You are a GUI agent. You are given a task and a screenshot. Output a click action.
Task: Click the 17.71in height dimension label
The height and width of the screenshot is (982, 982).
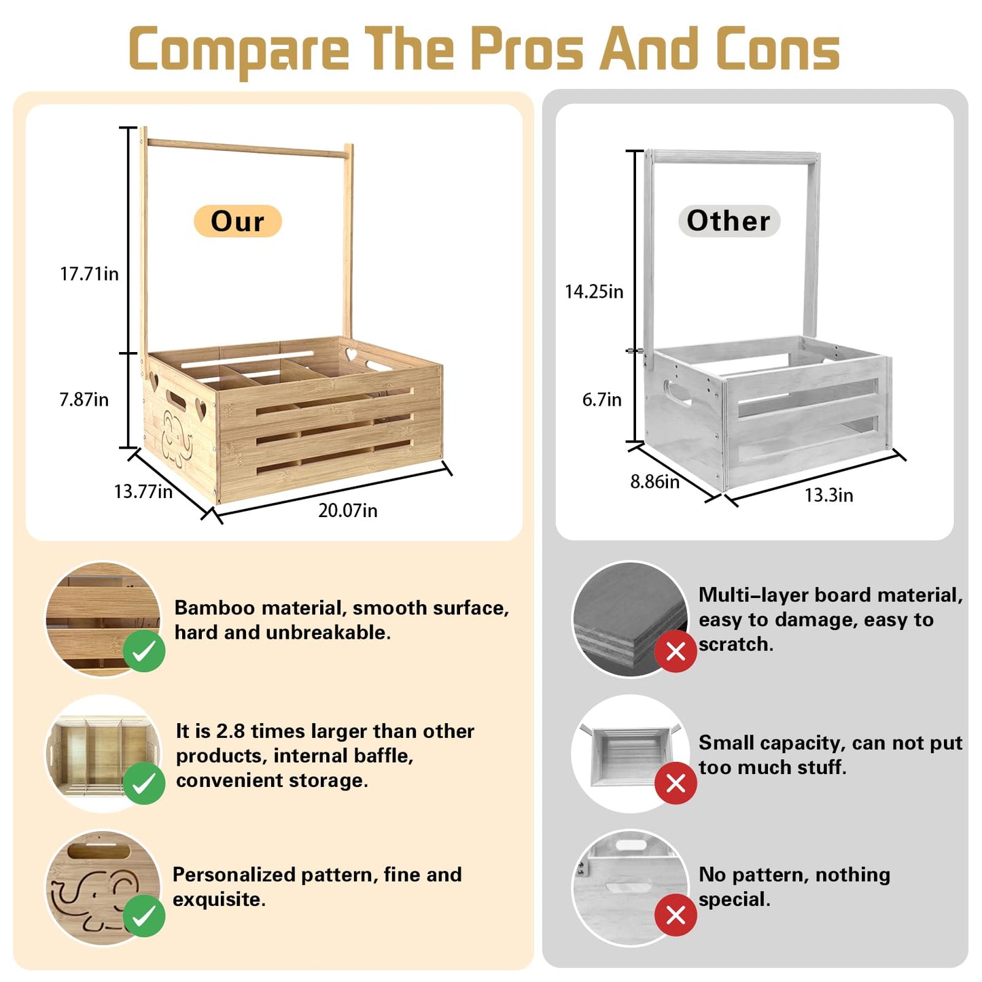pos(89,274)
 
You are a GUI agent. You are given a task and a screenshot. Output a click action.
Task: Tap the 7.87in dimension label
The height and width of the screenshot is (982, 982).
pos(84,399)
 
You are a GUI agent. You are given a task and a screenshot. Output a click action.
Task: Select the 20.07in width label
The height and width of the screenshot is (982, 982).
pos(347,510)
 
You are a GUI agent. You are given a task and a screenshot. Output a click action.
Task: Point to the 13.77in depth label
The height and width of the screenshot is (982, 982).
pos(143,491)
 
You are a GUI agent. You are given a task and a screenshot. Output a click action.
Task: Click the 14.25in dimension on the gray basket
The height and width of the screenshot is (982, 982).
pos(594,292)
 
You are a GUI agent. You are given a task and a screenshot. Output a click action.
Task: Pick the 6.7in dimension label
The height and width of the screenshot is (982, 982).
pos(602,400)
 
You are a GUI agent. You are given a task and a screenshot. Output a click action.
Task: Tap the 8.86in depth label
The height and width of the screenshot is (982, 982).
pos(655,481)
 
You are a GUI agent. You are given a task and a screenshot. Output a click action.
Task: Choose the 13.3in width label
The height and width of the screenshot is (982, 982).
pos(828,495)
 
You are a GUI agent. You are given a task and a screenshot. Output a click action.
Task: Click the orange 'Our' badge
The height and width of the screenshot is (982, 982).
pos(237,221)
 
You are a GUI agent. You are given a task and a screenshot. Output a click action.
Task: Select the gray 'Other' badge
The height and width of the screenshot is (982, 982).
pos(729,221)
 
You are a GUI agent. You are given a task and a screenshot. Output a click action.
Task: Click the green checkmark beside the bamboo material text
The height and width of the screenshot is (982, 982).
pos(144,651)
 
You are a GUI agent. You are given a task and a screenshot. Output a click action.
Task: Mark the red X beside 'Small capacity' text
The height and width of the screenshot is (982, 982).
pos(676,784)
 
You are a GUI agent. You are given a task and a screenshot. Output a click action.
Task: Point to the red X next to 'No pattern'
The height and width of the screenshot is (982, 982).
pos(676,916)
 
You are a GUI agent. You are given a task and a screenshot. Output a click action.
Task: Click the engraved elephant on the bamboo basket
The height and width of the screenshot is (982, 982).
pos(177,439)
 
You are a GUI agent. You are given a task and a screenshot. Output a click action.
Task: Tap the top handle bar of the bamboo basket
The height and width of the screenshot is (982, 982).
pos(248,147)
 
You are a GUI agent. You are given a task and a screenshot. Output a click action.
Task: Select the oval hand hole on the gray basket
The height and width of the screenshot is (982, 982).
pos(676,393)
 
